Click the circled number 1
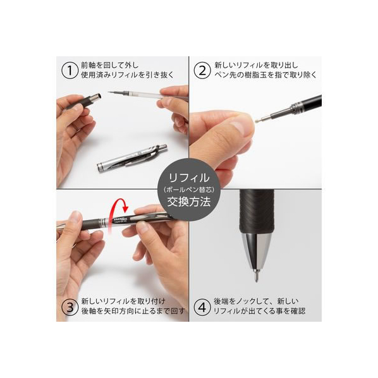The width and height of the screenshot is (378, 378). pyautogui.click(x=70, y=71)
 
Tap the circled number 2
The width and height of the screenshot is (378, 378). pyautogui.click(x=202, y=71)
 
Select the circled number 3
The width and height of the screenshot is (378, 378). pyautogui.click(x=70, y=307)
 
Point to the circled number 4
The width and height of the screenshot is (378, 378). pyautogui.click(x=202, y=307)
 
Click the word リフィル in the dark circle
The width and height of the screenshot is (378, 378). pyautogui.click(x=189, y=178)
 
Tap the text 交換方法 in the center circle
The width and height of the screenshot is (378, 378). pyautogui.click(x=189, y=202)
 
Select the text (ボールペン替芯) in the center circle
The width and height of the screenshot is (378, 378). pyautogui.click(x=189, y=190)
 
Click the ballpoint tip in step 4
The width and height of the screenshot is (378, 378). pyautogui.click(x=256, y=276)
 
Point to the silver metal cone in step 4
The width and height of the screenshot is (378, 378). pyautogui.click(x=256, y=251)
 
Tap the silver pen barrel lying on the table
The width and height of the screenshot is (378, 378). pyautogui.click(x=132, y=158)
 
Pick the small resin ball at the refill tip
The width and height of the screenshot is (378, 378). pyautogui.click(x=257, y=120)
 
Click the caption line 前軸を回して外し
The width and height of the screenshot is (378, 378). pyautogui.click(x=110, y=65)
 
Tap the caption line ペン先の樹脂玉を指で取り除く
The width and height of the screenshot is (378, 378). pyautogui.click(x=265, y=75)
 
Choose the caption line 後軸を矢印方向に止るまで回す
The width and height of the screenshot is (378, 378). pyautogui.click(x=133, y=311)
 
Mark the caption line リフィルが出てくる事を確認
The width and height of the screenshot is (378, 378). pyautogui.click(x=259, y=311)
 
